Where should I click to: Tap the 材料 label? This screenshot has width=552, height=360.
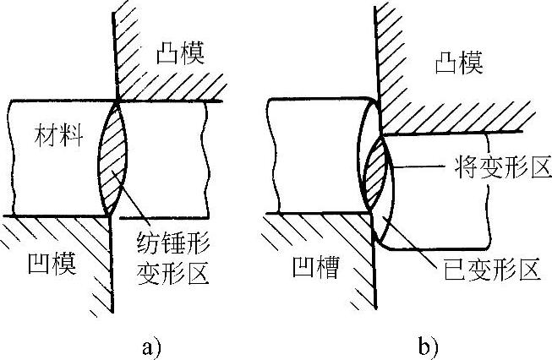(x=57, y=136)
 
